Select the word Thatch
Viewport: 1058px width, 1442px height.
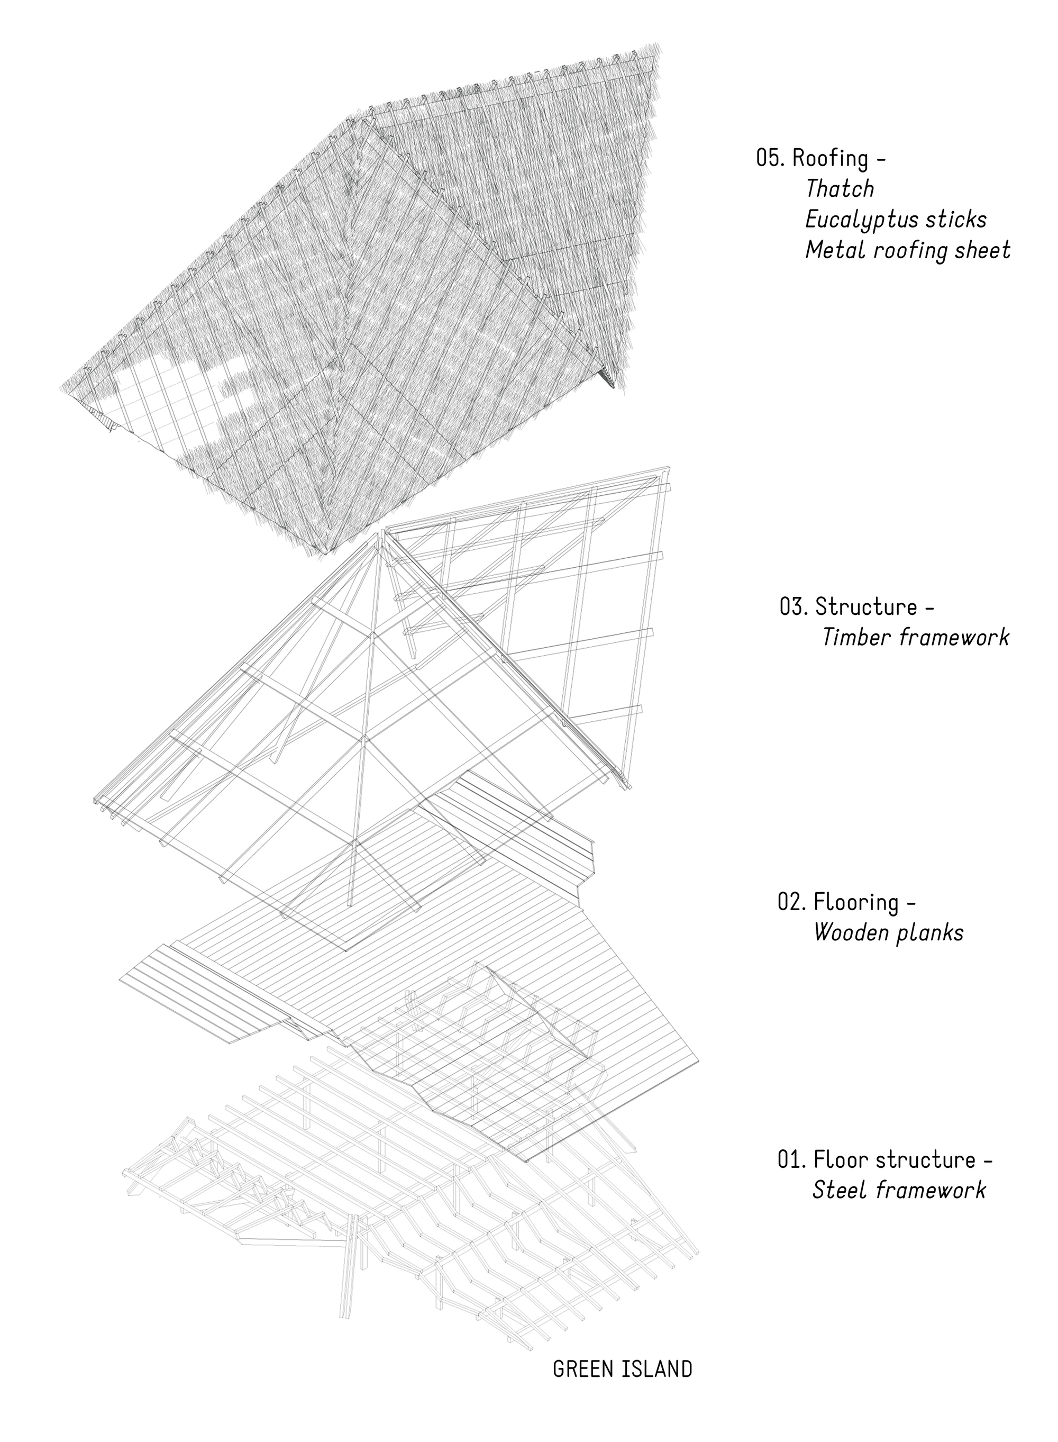click(x=840, y=189)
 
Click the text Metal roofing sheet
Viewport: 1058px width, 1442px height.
click(x=907, y=250)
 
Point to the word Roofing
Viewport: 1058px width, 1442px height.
click(x=830, y=158)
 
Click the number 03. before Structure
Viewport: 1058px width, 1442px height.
click(x=793, y=606)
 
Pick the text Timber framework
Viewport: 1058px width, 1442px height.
click(x=915, y=638)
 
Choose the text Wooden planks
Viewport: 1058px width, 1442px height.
click(x=888, y=933)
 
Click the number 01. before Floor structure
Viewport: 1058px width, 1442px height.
click(x=791, y=1159)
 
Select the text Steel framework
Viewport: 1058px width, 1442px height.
click(x=899, y=1190)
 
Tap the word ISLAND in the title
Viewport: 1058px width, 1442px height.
click(x=656, y=1370)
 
